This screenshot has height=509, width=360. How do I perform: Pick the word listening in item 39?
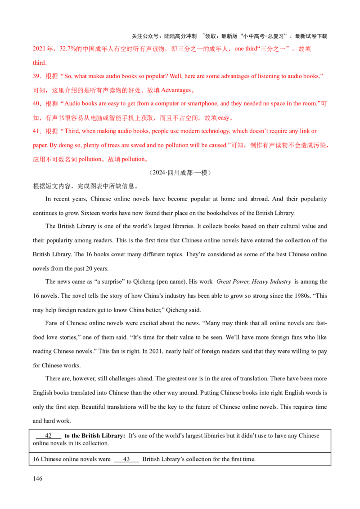click(269, 76)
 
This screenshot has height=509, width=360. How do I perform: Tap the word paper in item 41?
click(39, 146)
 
